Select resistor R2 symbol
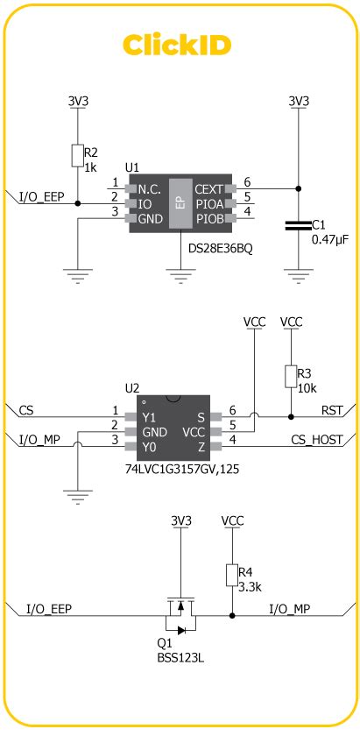pyautogui.click(x=79, y=156)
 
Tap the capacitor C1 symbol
pyautogui.click(x=298, y=227)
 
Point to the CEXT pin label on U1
pyautogui.click(x=208, y=188)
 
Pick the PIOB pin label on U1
pyautogui.click(x=208, y=218)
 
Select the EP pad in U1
pyautogui.click(x=180, y=203)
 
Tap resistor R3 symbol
pyautogui.click(x=291, y=377)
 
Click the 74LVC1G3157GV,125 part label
pyautogui.click(x=181, y=470)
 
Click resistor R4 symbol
pyautogui.click(x=232, y=575)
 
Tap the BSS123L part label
pyautogui.click(x=180, y=656)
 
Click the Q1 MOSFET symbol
pyautogui.click(x=180, y=616)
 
